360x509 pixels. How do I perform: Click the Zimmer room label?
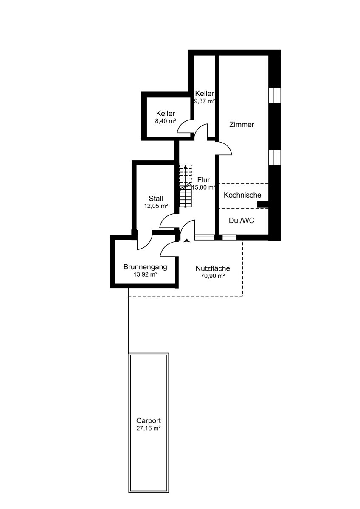point(241,125)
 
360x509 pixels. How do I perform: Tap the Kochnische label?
point(242,195)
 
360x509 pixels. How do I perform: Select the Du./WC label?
point(242,221)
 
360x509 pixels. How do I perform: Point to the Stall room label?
point(156,199)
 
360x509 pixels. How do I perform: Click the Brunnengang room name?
point(145,267)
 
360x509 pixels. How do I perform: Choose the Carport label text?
point(149,421)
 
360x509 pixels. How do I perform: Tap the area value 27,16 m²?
point(149,428)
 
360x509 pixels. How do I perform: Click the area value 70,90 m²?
point(213,276)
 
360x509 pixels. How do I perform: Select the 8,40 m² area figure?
point(166,121)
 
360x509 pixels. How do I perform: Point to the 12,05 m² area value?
point(156,206)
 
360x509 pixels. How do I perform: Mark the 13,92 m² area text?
point(146,274)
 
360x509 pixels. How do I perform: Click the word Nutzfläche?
point(213,268)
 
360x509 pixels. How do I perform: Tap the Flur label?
point(203,180)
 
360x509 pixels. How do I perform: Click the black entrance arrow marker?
point(187,241)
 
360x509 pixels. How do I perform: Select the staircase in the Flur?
point(186,186)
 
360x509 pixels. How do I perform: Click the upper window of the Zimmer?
point(275,95)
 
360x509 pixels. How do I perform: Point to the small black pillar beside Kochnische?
point(263,204)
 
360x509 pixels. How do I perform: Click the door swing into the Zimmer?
point(225,148)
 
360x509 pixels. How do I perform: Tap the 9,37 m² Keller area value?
point(205,101)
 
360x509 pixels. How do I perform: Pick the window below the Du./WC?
point(229,238)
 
